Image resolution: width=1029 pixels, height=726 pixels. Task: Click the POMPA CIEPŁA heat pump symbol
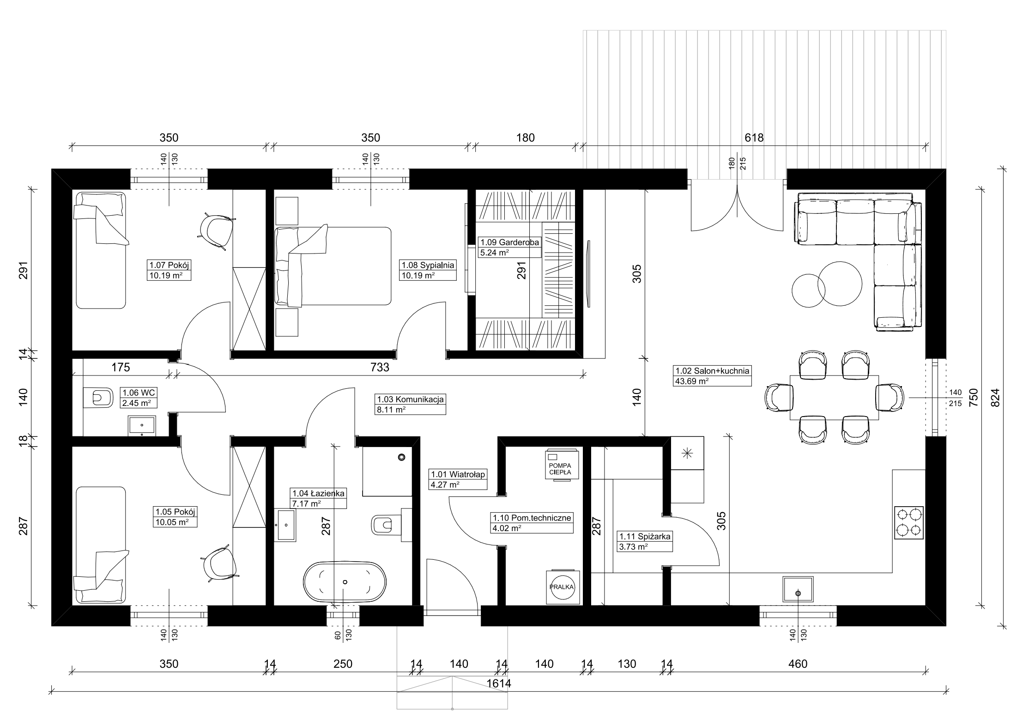560,465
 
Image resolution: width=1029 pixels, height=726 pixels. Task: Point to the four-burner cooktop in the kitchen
909,523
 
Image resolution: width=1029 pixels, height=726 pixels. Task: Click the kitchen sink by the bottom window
798,589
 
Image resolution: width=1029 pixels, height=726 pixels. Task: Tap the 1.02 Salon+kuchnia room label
712,370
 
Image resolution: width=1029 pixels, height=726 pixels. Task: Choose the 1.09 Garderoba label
509,242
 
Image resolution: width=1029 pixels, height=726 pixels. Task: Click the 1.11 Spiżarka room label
645,536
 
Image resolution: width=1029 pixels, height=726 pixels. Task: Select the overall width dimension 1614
499,684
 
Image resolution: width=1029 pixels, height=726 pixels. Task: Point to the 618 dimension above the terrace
754,138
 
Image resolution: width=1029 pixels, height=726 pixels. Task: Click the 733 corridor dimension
380,367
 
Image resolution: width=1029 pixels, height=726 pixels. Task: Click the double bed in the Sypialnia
333,266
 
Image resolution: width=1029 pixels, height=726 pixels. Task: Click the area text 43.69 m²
691,381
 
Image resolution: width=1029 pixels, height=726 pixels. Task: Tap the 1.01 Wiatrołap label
458,474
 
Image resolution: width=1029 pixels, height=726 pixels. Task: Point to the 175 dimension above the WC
121,367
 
